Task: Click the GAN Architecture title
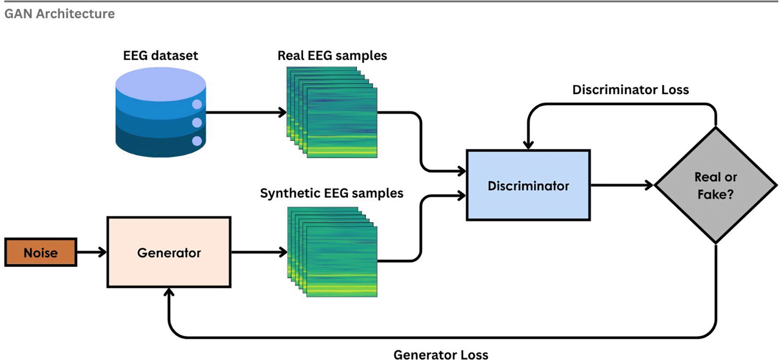click(x=59, y=14)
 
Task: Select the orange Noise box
click(x=41, y=252)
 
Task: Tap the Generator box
click(x=169, y=252)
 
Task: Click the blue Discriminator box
click(x=528, y=186)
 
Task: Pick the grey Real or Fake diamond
click(x=716, y=186)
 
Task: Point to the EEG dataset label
click(x=160, y=56)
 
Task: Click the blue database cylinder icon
click(x=160, y=112)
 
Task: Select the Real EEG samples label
click(x=332, y=56)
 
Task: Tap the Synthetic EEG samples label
click(x=331, y=193)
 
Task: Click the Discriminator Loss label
click(x=630, y=90)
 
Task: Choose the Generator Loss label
click(x=441, y=355)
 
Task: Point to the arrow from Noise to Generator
click(x=92, y=252)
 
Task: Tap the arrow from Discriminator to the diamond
click(x=621, y=186)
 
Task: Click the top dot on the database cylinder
click(x=197, y=104)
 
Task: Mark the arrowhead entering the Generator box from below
click(x=169, y=292)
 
